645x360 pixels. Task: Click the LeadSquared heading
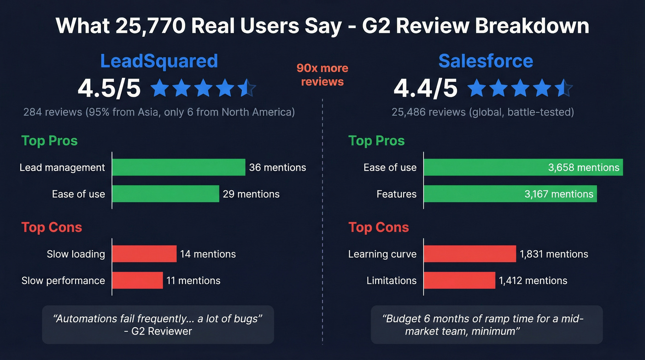[x=159, y=61]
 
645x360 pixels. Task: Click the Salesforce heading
[x=486, y=61]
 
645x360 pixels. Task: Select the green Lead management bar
[x=178, y=167]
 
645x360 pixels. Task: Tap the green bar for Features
[x=510, y=194]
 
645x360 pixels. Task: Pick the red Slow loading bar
[x=144, y=254]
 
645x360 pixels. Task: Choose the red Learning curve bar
[x=469, y=254]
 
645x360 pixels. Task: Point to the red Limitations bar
[x=459, y=280]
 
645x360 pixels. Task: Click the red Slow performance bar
[x=137, y=280]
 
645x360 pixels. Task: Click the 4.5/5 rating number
[x=109, y=88]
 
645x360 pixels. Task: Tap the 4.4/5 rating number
[x=425, y=88]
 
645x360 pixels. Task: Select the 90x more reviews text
[x=322, y=75]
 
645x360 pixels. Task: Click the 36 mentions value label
[x=277, y=167]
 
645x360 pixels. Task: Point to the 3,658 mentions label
[x=584, y=167]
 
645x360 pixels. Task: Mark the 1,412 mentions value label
[x=533, y=280]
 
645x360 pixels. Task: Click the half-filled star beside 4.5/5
[x=247, y=88]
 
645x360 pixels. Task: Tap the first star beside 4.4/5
[x=477, y=88]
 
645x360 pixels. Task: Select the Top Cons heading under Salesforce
[x=379, y=227]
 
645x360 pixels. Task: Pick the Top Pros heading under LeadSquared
[x=49, y=141]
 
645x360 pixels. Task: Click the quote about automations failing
[x=158, y=325]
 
